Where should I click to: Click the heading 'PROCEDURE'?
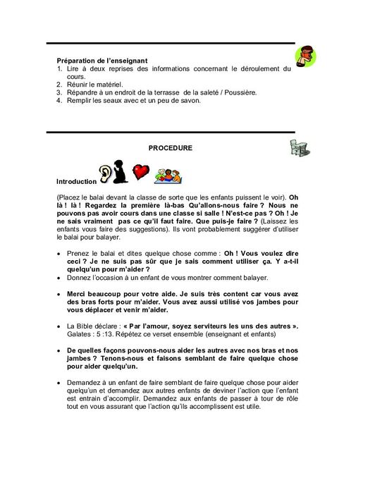pos(170,148)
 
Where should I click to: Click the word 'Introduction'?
pos(75,180)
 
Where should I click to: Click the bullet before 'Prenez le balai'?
pos(56,252)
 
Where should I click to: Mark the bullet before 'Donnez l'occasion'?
pos(56,276)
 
